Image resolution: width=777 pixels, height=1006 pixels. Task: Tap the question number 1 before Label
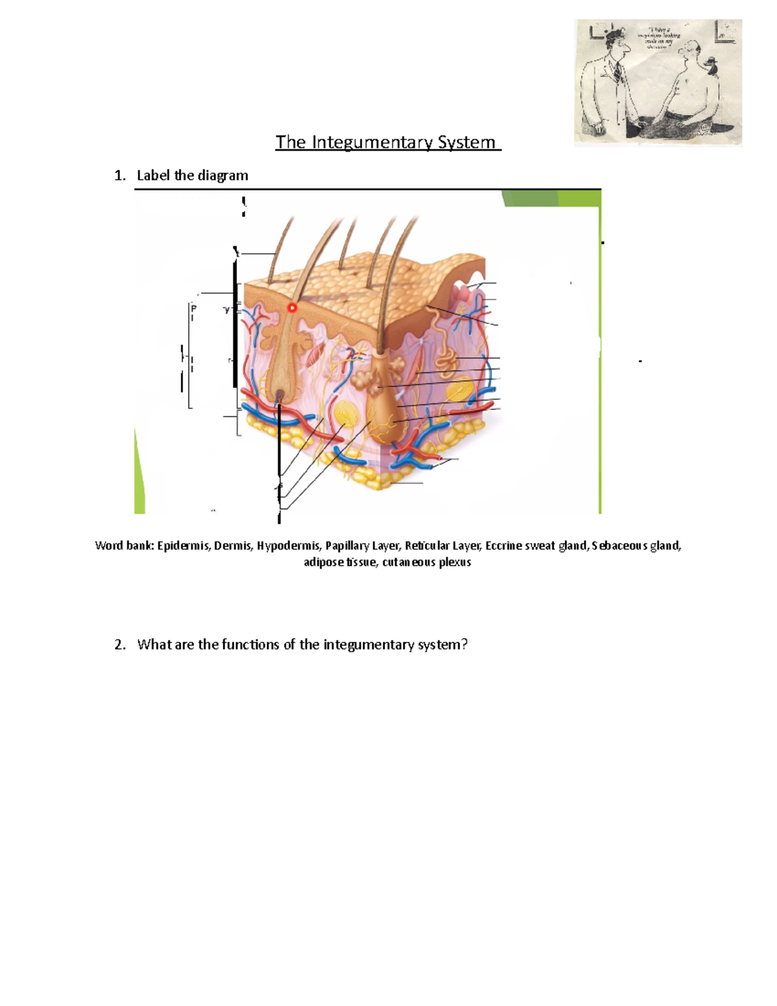pyautogui.click(x=118, y=176)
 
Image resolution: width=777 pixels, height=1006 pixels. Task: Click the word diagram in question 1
pyautogui.click(x=223, y=176)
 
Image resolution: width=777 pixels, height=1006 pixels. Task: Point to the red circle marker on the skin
pyautogui.click(x=292, y=308)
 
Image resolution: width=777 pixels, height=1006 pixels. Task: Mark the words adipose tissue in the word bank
pyautogui.click(x=340, y=562)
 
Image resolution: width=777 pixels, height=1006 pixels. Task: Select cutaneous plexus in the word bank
pyautogui.click(x=427, y=562)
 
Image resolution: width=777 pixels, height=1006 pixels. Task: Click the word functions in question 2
pyautogui.click(x=250, y=645)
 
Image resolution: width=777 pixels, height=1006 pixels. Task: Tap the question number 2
pyautogui.click(x=118, y=645)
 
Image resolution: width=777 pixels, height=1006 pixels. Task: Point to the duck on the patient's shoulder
pyautogui.click(x=711, y=64)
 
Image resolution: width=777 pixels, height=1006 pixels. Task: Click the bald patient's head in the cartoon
pyautogui.click(x=692, y=49)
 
